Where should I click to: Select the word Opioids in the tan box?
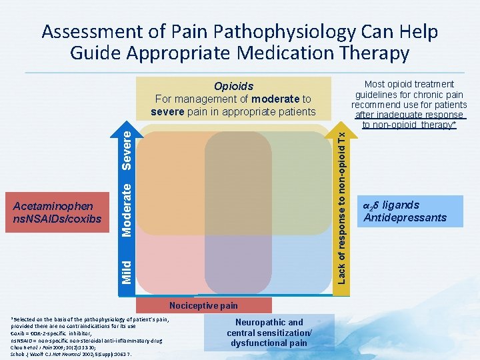click(x=233, y=86)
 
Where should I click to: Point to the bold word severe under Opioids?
click(x=167, y=111)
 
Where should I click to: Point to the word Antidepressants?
click(x=405, y=217)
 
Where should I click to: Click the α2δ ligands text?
click(x=391, y=205)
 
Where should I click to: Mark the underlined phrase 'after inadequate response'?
click(x=410, y=115)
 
